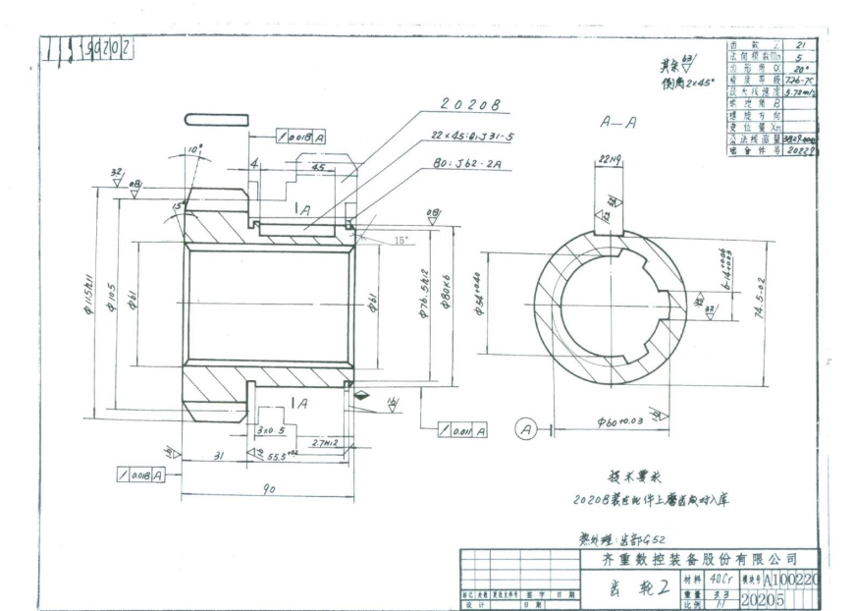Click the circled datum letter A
(525, 428)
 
